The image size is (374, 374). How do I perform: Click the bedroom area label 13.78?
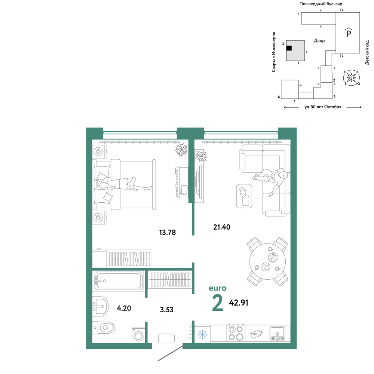(168, 232)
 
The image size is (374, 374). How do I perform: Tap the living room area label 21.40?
(221, 227)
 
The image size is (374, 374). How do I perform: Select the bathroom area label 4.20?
(124, 308)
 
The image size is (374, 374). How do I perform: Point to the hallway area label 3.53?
(166, 310)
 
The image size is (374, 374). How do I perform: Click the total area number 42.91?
(239, 303)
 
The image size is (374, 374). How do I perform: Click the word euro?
(217, 288)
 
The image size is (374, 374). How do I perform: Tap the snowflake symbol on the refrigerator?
(202, 335)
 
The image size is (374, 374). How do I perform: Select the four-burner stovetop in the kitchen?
(236, 333)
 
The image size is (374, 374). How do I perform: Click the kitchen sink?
(277, 333)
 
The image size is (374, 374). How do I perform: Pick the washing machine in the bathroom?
(138, 335)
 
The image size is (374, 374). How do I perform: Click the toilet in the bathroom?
(104, 328)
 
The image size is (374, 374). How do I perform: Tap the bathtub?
(118, 281)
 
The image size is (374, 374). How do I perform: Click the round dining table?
(268, 261)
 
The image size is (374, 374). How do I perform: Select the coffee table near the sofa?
(244, 196)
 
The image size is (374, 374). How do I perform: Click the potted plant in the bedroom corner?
(181, 150)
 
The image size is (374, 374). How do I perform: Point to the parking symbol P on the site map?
(349, 32)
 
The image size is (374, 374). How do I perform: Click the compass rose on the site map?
(351, 78)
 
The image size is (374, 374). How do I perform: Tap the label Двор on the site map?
(319, 41)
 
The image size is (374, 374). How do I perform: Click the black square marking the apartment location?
(289, 48)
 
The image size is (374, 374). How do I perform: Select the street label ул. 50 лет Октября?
(323, 107)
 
